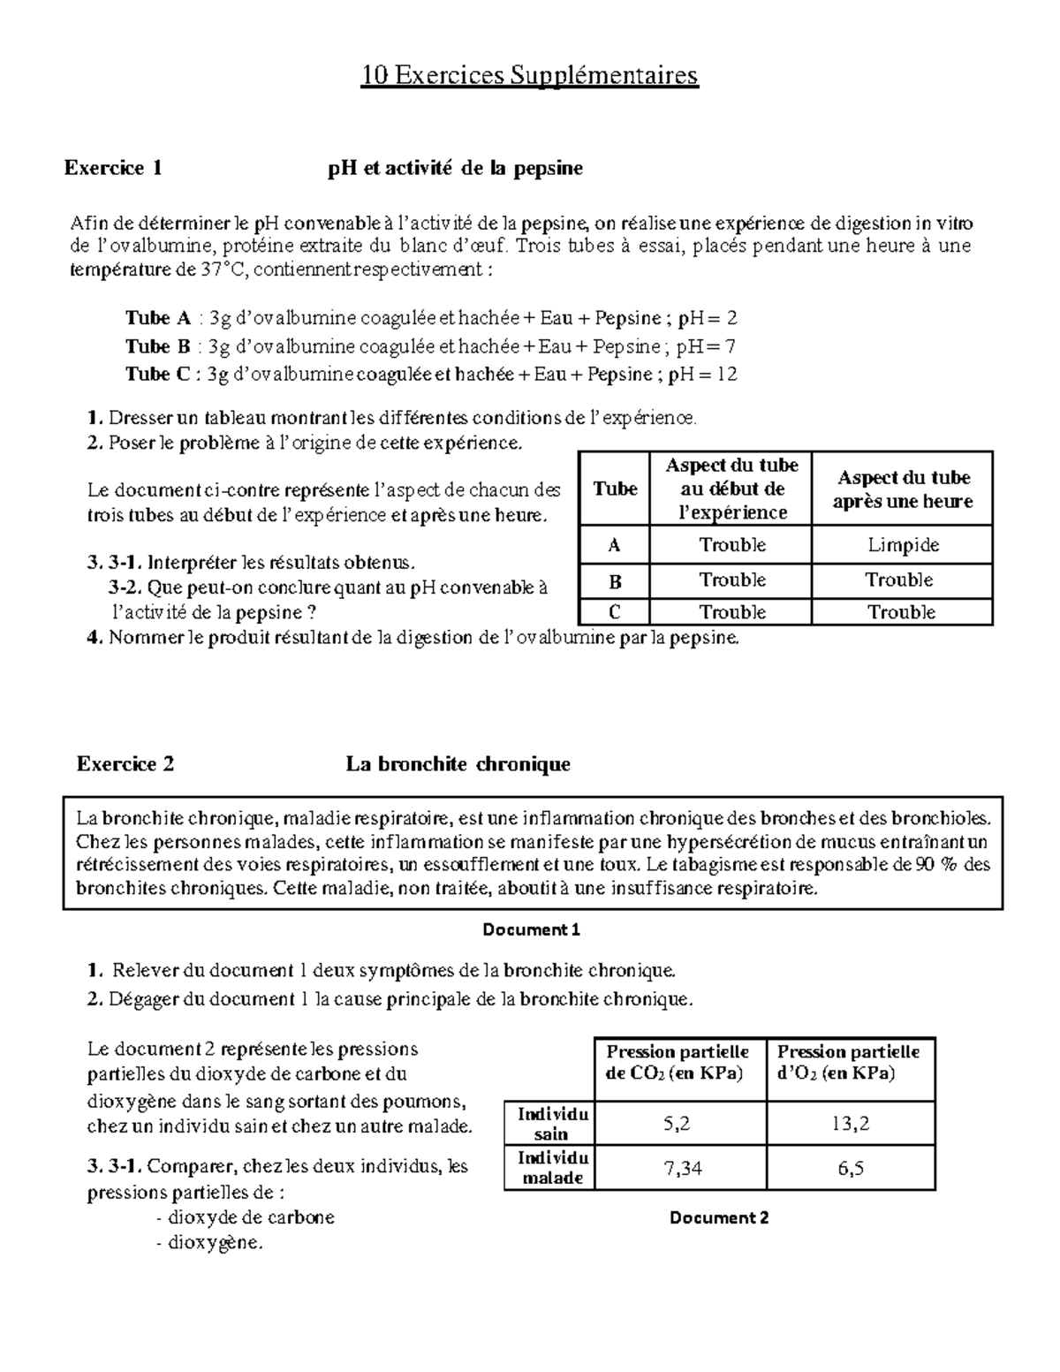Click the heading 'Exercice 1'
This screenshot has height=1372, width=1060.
(x=113, y=168)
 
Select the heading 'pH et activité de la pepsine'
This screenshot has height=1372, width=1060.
(x=455, y=168)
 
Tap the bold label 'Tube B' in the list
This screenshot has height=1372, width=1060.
(x=158, y=345)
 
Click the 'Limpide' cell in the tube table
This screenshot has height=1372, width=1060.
(x=902, y=545)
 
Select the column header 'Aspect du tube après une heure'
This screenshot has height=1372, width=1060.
(x=902, y=489)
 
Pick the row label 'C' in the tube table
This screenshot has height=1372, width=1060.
(x=615, y=612)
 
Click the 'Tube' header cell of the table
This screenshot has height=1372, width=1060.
(x=615, y=489)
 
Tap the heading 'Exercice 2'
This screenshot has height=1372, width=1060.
(x=125, y=763)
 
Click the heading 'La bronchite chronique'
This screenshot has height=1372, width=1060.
(x=458, y=763)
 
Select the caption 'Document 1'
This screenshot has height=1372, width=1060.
(x=531, y=929)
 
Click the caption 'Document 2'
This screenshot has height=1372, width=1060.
(x=718, y=1217)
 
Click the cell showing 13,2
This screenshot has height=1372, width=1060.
(x=850, y=1124)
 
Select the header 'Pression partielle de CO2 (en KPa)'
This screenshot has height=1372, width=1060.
(x=678, y=1063)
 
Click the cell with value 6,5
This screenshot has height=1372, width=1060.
(x=850, y=1168)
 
